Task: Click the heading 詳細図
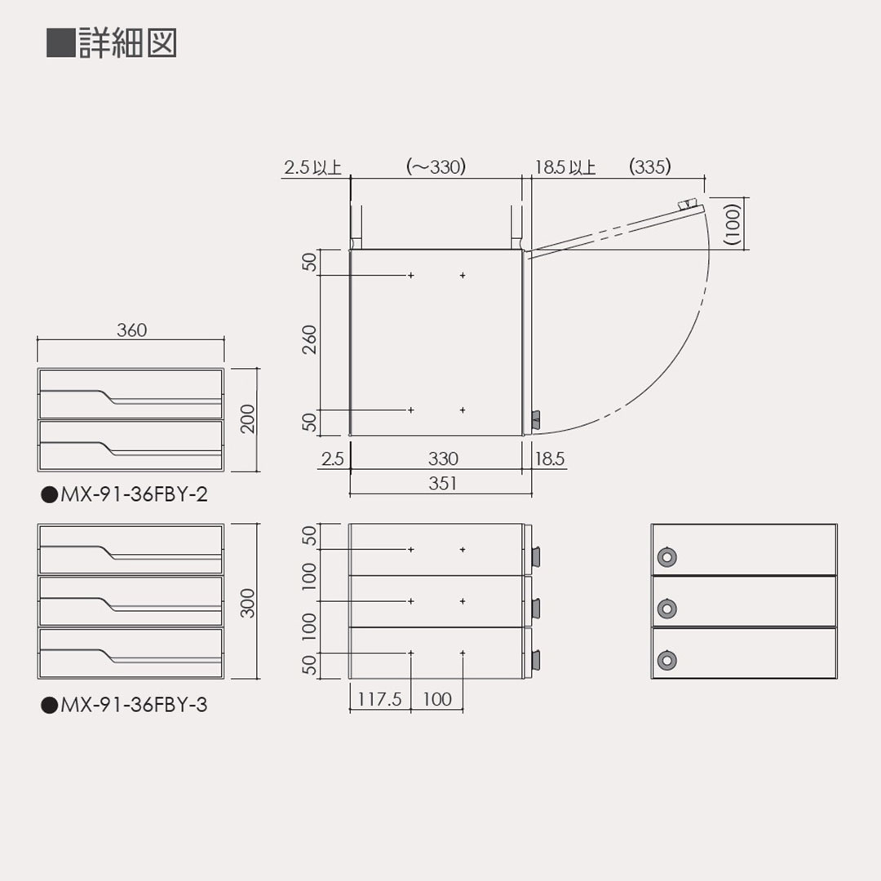point(126,43)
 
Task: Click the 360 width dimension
point(131,330)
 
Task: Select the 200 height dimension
point(248,418)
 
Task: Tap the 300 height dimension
point(248,602)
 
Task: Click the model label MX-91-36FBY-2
point(124,494)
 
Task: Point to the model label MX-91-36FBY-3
point(124,705)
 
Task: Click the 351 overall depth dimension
point(442,484)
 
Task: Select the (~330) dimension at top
point(436,167)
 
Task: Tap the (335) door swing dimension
point(650,167)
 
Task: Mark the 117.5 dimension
point(380,700)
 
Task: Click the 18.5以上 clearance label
point(564,168)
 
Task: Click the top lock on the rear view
point(667,557)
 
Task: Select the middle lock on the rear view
point(667,608)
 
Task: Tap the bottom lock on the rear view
point(667,660)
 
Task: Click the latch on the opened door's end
point(689,204)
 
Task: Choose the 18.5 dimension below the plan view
point(550,458)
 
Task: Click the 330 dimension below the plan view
point(442,458)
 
